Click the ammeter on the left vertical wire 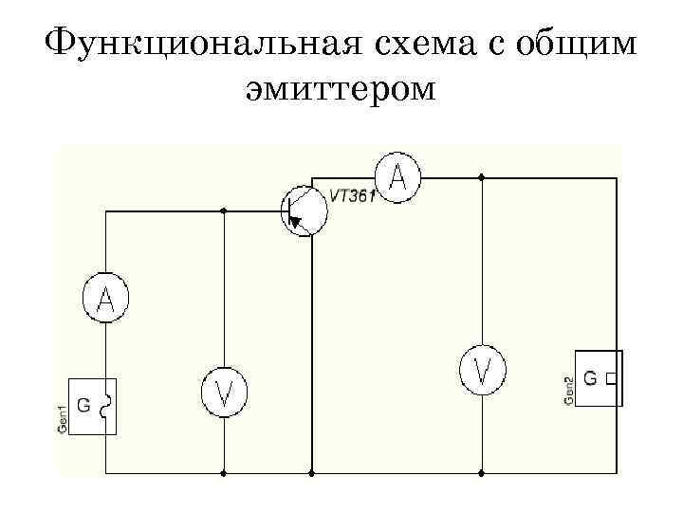(x=105, y=299)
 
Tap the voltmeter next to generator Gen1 (x=224, y=392)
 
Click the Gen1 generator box (x=93, y=407)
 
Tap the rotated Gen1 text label (x=63, y=418)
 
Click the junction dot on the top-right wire (x=483, y=177)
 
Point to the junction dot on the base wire (x=224, y=210)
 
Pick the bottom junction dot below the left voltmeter (x=224, y=471)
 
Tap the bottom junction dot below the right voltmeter (x=483, y=471)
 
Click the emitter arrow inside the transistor (x=297, y=223)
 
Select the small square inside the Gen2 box (x=609, y=378)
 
